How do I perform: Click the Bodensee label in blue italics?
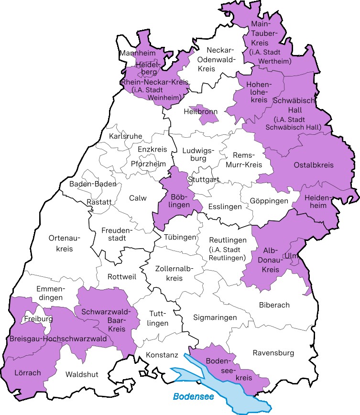click(193, 396)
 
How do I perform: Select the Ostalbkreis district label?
click(313, 165)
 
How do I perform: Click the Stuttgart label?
click(204, 180)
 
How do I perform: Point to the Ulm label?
click(290, 256)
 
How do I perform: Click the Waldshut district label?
click(82, 374)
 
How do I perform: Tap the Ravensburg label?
click(273, 353)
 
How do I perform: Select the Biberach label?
click(274, 305)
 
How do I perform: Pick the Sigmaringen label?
click(215, 317)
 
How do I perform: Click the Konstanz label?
click(163, 355)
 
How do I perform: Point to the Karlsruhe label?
click(126, 136)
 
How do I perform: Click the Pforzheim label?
click(148, 164)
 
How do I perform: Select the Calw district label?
click(138, 198)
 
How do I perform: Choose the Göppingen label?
click(269, 201)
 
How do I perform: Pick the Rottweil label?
click(122, 277)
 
